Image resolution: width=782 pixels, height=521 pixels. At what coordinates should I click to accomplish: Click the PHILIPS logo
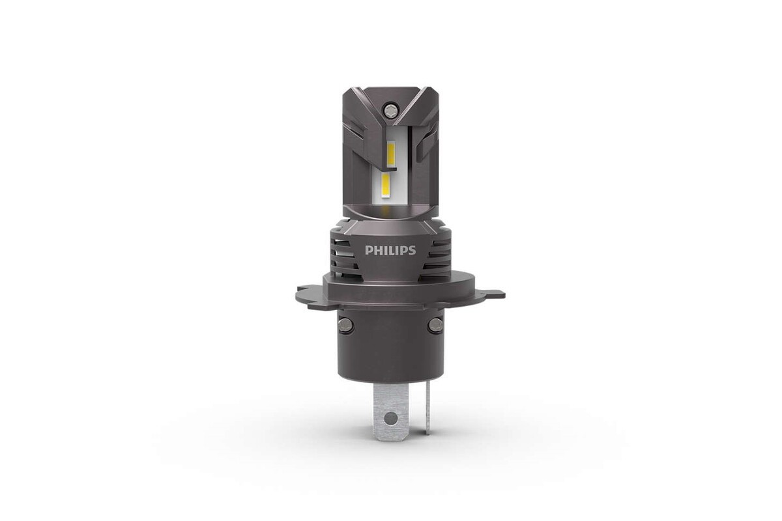click(x=390, y=250)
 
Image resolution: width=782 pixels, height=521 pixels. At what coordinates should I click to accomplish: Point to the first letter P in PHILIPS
click(x=369, y=250)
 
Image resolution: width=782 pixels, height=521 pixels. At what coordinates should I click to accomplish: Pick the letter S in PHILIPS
click(x=411, y=250)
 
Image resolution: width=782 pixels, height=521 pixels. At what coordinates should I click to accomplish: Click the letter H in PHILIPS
click(x=378, y=250)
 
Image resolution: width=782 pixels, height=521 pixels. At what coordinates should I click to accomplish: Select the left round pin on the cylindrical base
click(x=345, y=324)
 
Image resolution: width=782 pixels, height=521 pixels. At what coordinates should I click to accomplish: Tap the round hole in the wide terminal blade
click(x=390, y=417)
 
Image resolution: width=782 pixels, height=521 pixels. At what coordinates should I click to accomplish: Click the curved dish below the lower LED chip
click(x=390, y=209)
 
